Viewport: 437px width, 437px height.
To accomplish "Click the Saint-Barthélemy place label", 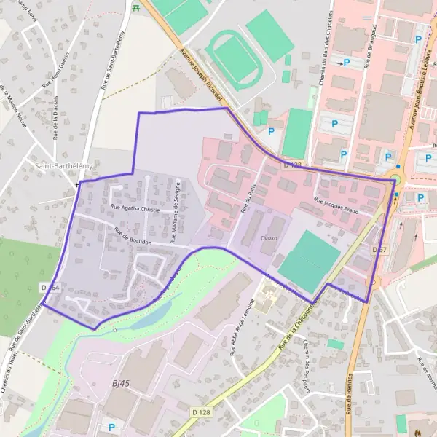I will point(64,167).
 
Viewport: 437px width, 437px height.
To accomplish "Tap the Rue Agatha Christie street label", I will point(135,208).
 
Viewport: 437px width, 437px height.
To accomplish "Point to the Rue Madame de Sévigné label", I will point(176,207).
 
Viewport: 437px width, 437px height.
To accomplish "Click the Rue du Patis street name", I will point(248,198).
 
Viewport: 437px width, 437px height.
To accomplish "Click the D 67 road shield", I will point(379,250).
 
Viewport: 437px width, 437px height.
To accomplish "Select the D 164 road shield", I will point(50,288).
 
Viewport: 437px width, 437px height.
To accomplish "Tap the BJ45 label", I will point(121,383).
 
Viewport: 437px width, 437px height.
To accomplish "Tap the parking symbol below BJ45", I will point(111,427).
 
